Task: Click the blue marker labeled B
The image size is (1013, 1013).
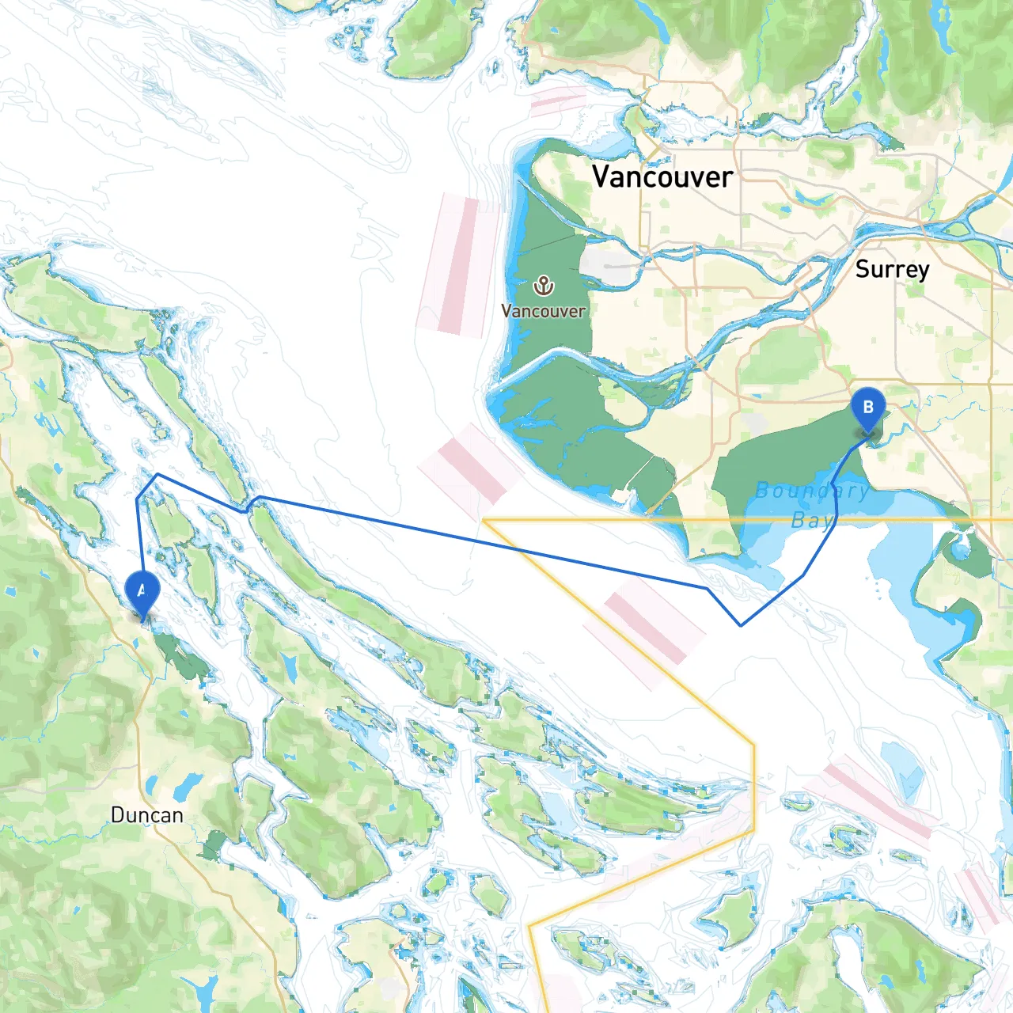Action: [868, 408]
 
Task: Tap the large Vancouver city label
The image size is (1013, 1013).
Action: [662, 176]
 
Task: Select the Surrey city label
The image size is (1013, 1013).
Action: [892, 269]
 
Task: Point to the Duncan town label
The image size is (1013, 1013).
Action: [146, 815]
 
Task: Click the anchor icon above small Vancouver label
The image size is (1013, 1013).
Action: [543, 285]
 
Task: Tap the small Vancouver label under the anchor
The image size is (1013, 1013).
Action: [543, 311]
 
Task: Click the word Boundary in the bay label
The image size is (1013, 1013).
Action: [812, 491]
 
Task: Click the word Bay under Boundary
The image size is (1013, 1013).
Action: [812, 520]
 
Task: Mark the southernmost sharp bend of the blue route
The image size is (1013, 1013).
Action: [741, 625]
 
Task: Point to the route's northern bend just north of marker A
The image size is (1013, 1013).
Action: [157, 475]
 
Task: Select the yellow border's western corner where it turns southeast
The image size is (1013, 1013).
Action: [484, 520]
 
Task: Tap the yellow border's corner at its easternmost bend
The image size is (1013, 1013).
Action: [753, 744]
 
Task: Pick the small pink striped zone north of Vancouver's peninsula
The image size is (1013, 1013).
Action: [557, 101]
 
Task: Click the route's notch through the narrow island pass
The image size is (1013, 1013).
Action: [249, 506]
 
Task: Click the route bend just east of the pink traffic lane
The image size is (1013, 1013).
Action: [707, 589]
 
